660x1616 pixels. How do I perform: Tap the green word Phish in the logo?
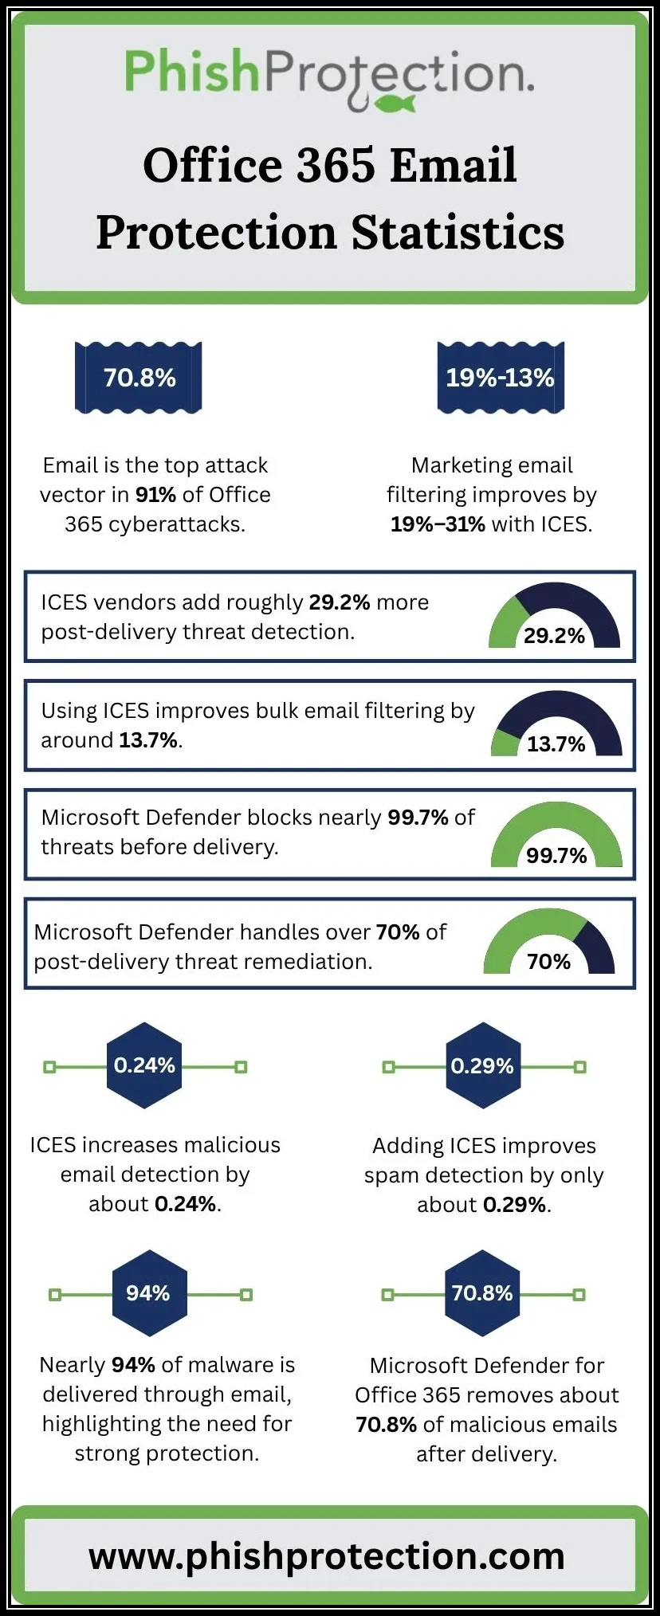pyautogui.click(x=192, y=72)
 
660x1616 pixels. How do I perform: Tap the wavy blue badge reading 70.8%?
pyautogui.click(x=139, y=378)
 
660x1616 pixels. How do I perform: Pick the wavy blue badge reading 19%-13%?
pyautogui.click(x=500, y=378)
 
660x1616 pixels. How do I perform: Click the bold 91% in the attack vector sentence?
pyautogui.click(x=155, y=495)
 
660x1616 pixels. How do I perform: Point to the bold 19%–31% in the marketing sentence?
pyautogui.click(x=438, y=524)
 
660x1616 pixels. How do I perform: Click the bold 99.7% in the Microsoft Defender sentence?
pyautogui.click(x=418, y=818)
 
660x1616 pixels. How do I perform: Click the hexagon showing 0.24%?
pyautogui.click(x=144, y=1065)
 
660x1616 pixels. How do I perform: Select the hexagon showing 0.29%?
pyautogui.click(x=483, y=1066)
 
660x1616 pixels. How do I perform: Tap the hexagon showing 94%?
pyautogui.click(x=149, y=1293)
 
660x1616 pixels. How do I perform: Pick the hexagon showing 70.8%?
pyautogui.click(x=483, y=1293)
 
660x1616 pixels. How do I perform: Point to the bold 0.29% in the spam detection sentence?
pyautogui.click(x=515, y=1205)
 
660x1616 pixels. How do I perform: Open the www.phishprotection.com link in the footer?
pyautogui.click(x=327, y=1555)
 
